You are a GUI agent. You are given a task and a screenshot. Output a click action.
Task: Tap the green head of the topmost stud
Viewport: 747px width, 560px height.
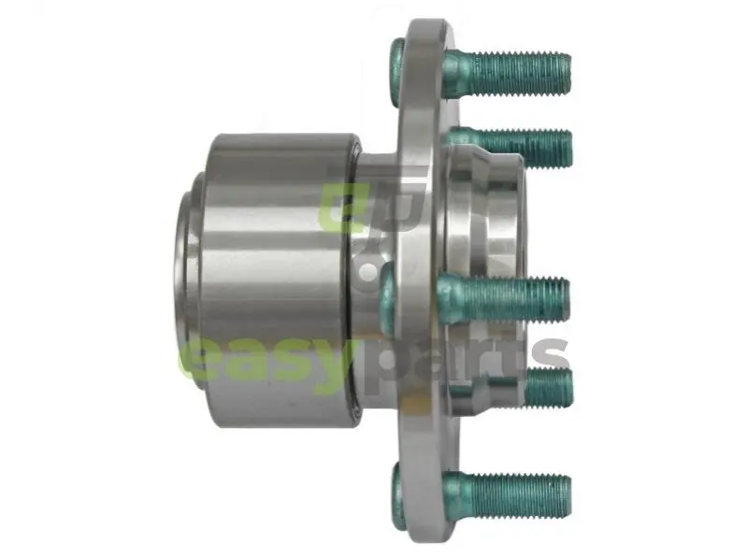396,73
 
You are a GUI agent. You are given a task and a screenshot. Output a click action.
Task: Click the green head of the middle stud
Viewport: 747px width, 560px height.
389,298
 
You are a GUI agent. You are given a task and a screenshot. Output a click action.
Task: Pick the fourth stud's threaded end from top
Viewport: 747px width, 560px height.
550,387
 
